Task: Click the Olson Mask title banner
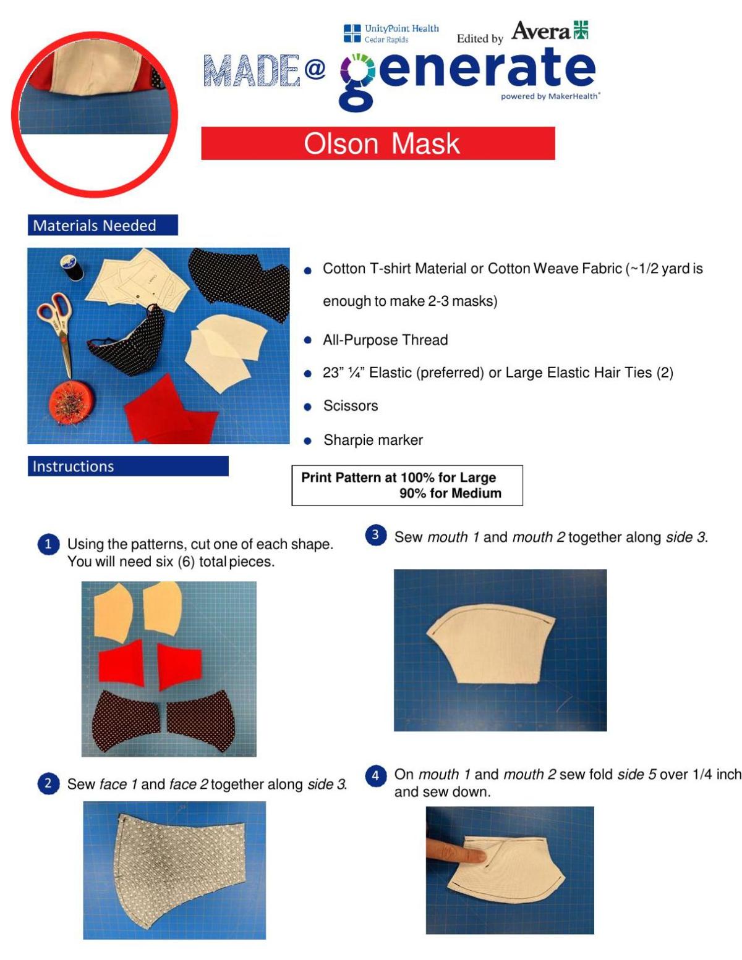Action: pos(378,143)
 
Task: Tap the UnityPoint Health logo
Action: pos(391,33)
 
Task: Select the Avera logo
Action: pos(550,30)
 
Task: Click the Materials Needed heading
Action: pos(102,225)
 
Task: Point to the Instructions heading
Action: pos(127,466)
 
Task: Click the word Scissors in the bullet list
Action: pos(351,406)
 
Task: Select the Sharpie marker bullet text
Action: pos(373,440)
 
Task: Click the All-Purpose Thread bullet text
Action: pos(385,340)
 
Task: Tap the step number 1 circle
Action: pos(48,544)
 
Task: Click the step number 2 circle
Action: pos(48,783)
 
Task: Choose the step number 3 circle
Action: pos(375,535)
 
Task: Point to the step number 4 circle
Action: pos(375,775)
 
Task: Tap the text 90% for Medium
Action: pos(450,493)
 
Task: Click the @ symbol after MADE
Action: pos(315,69)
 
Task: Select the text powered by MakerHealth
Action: pos(550,96)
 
